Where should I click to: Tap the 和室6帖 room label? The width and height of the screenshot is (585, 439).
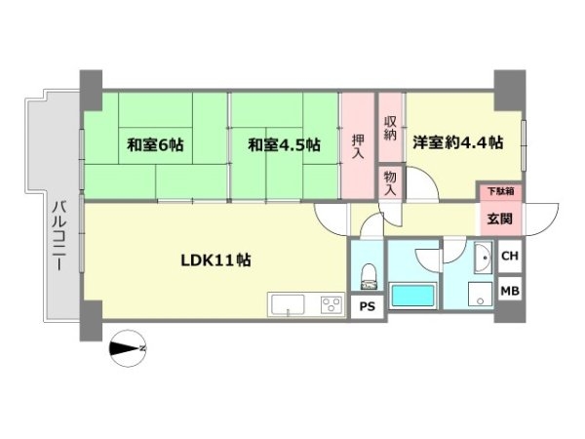[x=154, y=145]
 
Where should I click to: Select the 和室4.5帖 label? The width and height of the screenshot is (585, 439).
[x=284, y=145]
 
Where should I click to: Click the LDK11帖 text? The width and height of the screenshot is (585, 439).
[x=216, y=260]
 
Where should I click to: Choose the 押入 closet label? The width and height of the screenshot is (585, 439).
[x=357, y=145]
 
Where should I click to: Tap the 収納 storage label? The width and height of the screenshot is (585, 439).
[x=390, y=127]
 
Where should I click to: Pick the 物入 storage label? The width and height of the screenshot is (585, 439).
[x=390, y=182]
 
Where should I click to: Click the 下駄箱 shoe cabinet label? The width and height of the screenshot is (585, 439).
[x=498, y=191]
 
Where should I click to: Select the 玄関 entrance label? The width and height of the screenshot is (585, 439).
[x=498, y=219]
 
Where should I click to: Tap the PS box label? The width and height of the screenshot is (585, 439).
[x=367, y=306]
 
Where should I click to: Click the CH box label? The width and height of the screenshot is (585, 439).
[x=508, y=256]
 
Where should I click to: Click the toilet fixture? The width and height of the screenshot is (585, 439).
[x=368, y=276]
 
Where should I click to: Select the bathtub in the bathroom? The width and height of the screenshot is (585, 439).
[x=411, y=296]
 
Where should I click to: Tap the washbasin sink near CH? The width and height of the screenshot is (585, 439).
[x=481, y=258]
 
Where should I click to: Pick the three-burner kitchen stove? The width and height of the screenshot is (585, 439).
[x=329, y=305]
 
